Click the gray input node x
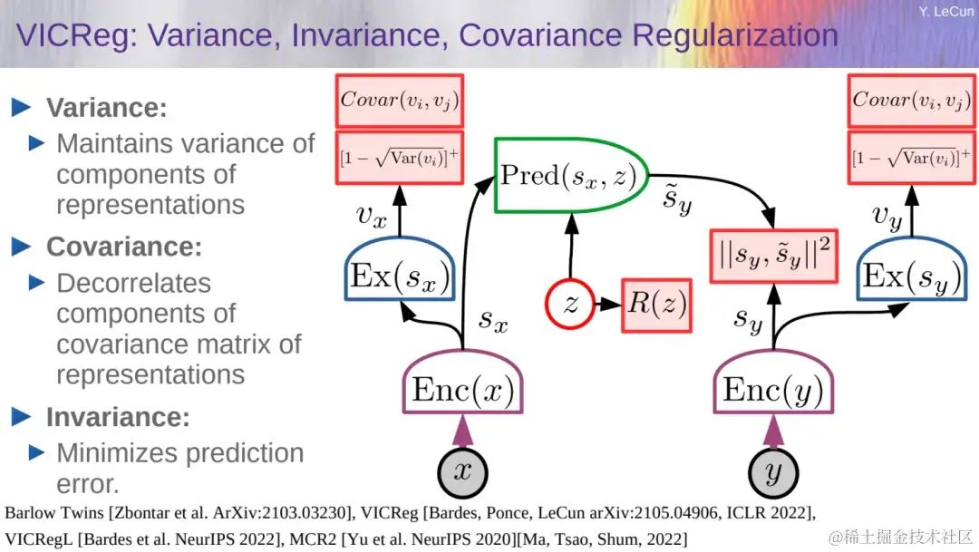pos(462,473)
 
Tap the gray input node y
pos(773,473)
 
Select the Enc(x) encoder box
pos(462,383)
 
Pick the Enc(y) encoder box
pos(773,383)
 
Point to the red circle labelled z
pos(570,305)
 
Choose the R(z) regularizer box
pos(657,305)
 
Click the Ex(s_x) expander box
pos(400,269)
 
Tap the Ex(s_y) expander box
pos(912,269)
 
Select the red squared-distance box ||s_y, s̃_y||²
pos(773,256)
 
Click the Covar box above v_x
pos(400,102)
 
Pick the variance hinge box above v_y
pos(912,158)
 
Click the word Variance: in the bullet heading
pos(107,107)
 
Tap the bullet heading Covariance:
pos(124,247)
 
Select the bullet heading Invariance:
pos(118,417)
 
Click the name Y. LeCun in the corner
pos(945,11)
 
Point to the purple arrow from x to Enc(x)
pos(462,431)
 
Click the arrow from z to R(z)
pos(607,305)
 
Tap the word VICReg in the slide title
pos(76,35)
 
